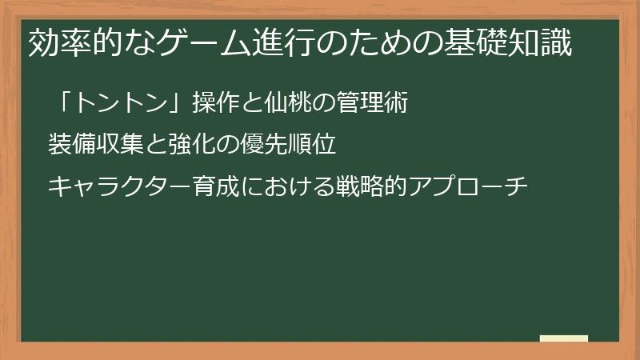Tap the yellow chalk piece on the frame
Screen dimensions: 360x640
pos(563,338)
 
